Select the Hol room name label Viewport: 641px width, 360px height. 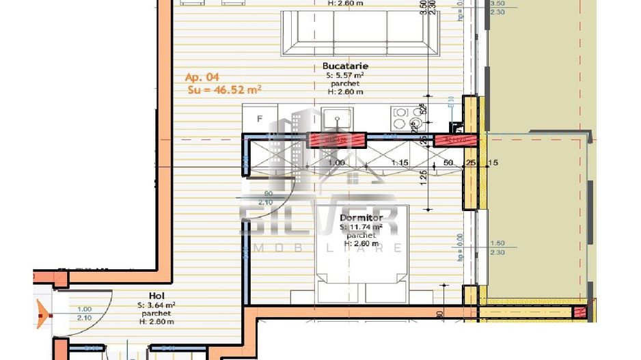pyautogui.click(x=156, y=296)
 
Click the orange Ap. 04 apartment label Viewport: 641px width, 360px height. pyautogui.click(x=202, y=77)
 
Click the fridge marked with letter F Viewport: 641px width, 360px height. pyautogui.click(x=260, y=119)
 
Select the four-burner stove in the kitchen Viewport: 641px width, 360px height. pyautogui.click(x=409, y=118)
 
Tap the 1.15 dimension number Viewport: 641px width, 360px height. pyautogui.click(x=400, y=163)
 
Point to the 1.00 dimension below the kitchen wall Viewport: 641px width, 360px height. pyautogui.click(x=336, y=163)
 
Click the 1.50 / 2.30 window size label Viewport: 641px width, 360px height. pyautogui.click(x=498, y=248)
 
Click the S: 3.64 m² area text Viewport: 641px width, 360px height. pyautogui.click(x=156, y=305)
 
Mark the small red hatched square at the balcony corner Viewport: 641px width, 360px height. pyautogui.click(x=580, y=313)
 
